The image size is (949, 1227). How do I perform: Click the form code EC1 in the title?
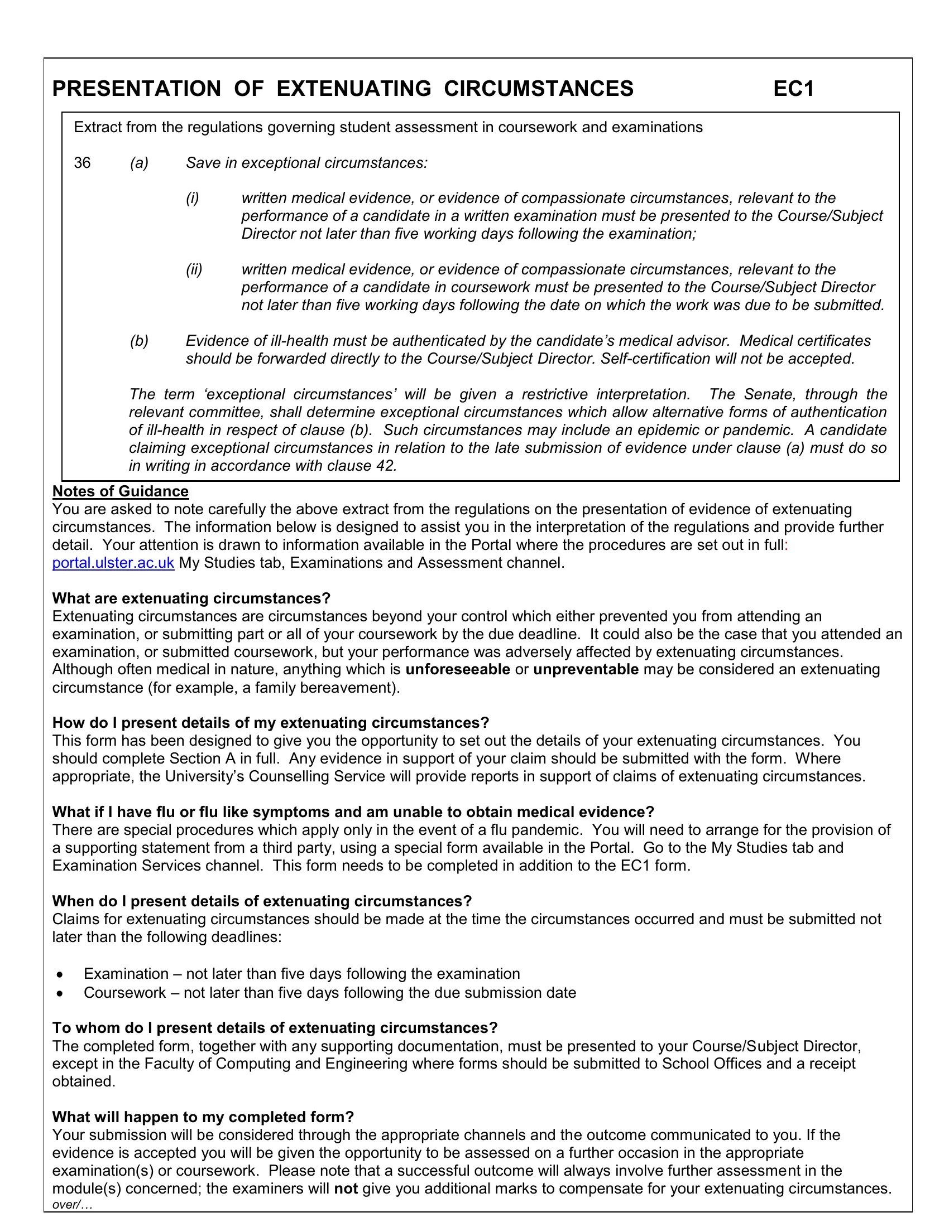click(793, 89)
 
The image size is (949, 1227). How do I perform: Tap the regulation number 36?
click(82, 163)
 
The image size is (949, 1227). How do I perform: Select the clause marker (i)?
click(192, 199)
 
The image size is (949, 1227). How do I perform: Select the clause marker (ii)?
click(194, 270)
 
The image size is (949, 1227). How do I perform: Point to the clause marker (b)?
click(139, 341)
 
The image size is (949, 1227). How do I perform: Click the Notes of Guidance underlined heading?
click(121, 491)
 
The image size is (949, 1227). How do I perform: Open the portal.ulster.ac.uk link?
click(113, 563)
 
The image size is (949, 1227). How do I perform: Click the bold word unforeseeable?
click(458, 670)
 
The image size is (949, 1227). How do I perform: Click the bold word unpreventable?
click(586, 670)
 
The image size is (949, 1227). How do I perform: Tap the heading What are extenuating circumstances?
click(191, 598)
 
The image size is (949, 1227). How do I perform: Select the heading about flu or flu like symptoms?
click(353, 813)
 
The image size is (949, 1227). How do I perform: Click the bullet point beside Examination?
click(61, 975)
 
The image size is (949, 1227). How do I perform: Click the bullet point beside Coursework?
click(61, 993)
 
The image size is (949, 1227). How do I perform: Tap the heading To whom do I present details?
click(275, 1028)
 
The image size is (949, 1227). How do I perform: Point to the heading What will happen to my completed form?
click(203, 1117)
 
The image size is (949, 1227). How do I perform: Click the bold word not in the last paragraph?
click(346, 1189)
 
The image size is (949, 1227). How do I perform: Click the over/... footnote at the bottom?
click(73, 1205)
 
